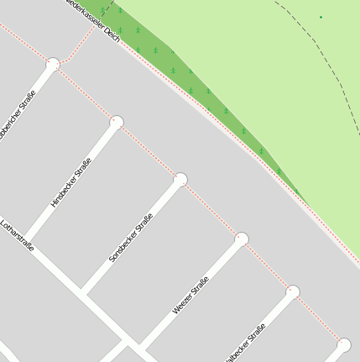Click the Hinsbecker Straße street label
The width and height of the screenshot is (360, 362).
(70, 184)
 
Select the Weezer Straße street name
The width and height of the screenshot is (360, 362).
(190, 298)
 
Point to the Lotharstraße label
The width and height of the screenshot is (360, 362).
(17, 236)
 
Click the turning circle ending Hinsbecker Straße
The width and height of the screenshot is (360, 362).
(117, 122)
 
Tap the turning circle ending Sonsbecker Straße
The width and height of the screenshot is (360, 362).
(180, 179)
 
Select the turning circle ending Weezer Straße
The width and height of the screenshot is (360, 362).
(242, 239)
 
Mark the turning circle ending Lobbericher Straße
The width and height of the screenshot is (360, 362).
(54, 63)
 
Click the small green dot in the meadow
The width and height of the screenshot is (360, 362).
(320, 17)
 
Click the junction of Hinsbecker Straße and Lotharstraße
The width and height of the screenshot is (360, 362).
(25, 239)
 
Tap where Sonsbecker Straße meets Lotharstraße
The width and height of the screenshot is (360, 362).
(83, 292)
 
